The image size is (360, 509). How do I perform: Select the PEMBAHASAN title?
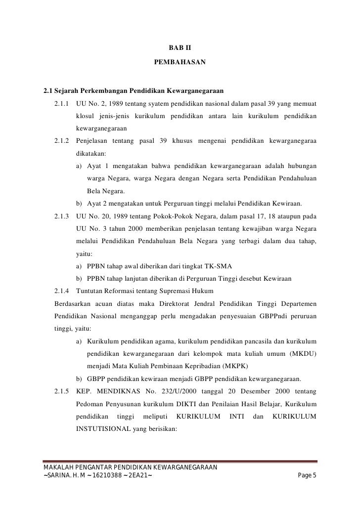pos(180,64)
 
